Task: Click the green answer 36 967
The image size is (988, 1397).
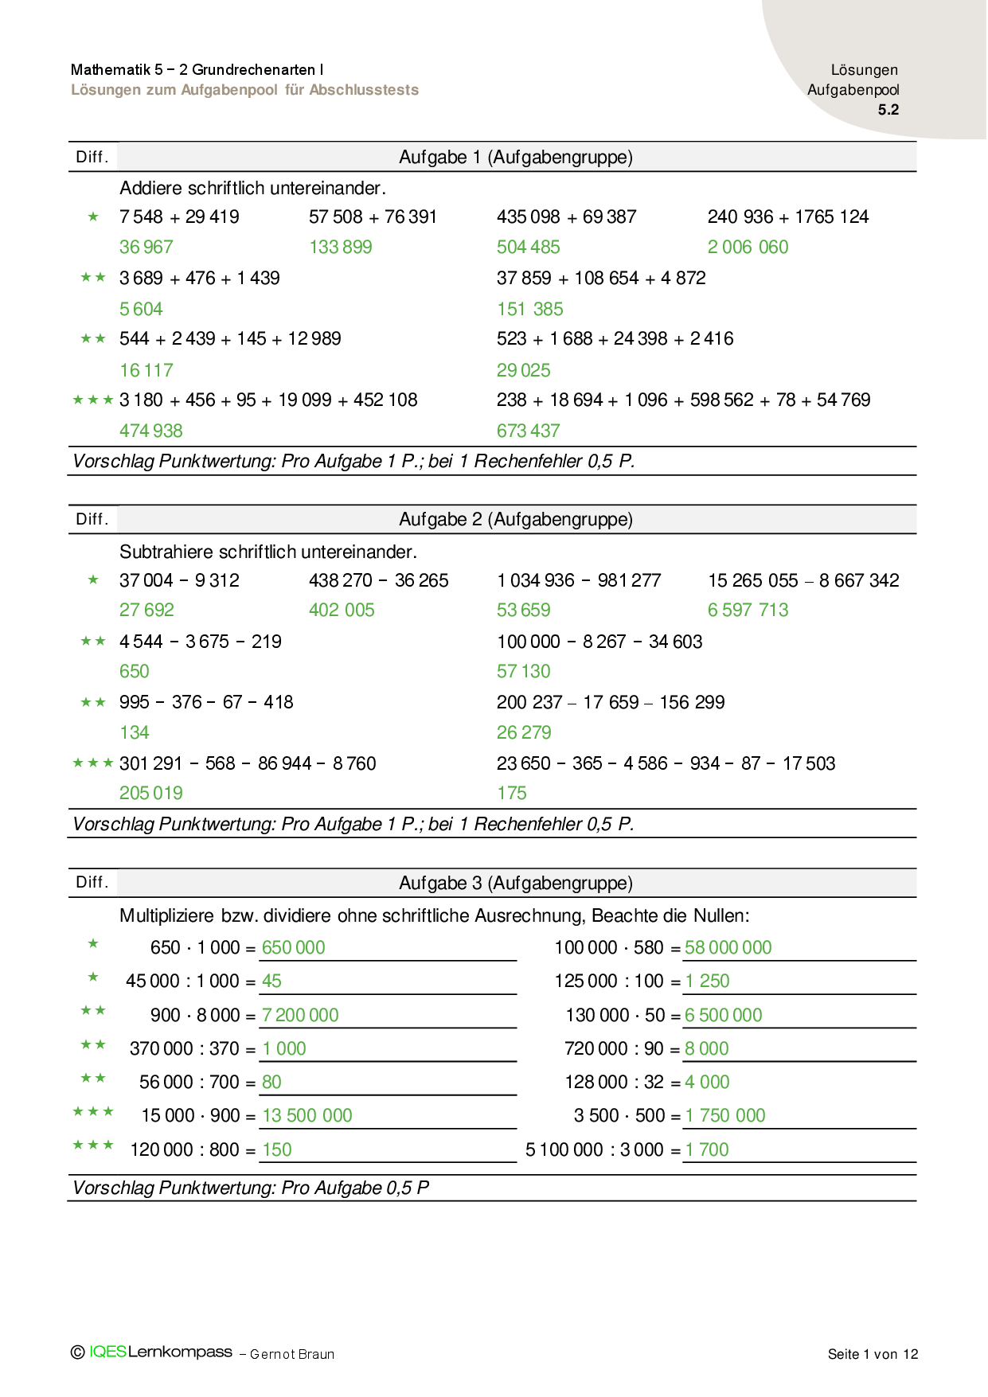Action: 146,248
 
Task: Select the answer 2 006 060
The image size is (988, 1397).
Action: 748,248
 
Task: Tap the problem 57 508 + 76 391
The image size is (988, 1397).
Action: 373,217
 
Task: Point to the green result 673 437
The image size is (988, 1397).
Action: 528,431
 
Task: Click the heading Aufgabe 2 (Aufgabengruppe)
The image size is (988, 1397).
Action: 516,520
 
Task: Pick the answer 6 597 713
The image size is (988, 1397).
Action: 748,611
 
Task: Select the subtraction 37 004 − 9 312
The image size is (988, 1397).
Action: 179,581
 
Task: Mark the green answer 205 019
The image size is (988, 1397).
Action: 151,794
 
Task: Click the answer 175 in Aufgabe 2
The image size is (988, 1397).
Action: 512,794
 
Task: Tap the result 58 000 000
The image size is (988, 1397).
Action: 728,948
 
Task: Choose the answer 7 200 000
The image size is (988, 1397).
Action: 300,1016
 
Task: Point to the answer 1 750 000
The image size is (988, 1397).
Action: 724,1116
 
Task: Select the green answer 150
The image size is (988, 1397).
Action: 277,1150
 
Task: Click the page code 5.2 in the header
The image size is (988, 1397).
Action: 888,110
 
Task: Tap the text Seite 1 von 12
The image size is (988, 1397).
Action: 873,1354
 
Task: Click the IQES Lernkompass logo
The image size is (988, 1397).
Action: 159,1352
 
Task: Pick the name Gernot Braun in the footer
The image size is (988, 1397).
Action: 292,1355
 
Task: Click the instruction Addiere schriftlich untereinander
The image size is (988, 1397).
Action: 252,189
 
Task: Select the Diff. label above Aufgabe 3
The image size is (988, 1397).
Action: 92,883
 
